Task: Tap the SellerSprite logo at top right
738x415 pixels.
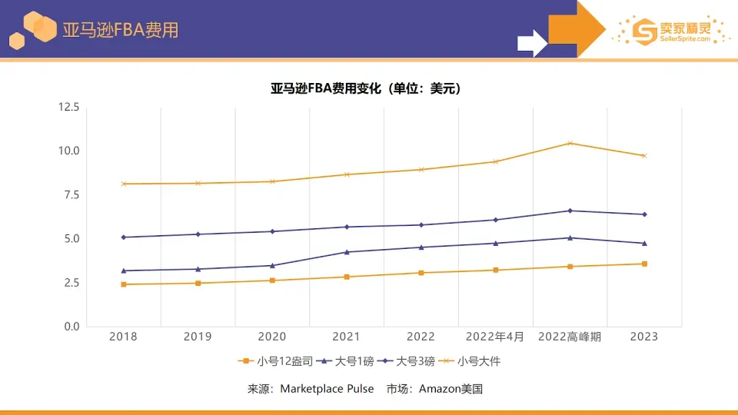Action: click(670, 31)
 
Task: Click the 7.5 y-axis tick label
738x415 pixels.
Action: click(71, 194)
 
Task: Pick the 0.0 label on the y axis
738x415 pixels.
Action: click(71, 327)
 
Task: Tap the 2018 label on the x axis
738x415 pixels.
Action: click(123, 337)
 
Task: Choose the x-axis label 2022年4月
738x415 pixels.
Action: click(495, 337)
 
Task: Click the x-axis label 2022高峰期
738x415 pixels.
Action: click(570, 337)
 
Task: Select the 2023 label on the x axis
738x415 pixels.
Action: click(644, 337)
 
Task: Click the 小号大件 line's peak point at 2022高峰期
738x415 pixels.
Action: click(570, 143)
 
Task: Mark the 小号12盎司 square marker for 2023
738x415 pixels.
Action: click(644, 264)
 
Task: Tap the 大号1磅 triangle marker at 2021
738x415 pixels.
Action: click(347, 251)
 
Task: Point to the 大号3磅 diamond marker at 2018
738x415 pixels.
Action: click(123, 237)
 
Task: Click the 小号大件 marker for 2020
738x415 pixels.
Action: click(272, 181)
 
